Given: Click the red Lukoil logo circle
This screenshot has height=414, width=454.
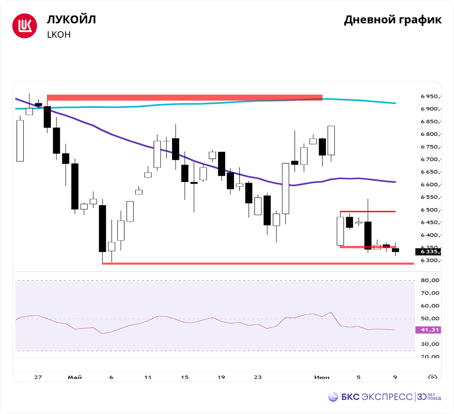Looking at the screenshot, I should point(24,26).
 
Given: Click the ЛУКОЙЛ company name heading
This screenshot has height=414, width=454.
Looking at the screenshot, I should point(71,20).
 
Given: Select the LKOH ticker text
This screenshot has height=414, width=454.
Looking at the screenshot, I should point(59,35).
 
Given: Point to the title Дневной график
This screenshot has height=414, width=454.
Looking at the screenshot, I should point(392,20).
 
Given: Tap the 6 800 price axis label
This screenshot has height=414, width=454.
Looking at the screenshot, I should point(430,134).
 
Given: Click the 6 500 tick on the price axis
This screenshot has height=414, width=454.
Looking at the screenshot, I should point(430,210).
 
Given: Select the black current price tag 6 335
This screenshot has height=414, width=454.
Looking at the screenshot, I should point(428,251).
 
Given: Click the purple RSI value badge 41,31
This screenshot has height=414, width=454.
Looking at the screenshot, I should point(428,330).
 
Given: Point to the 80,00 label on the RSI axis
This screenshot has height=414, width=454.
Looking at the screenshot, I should point(429,281).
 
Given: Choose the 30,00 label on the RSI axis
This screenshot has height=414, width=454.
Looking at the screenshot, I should point(429,344).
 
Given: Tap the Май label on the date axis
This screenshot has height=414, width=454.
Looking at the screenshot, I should point(74,377).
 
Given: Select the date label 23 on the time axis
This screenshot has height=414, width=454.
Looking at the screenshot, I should point(257,377).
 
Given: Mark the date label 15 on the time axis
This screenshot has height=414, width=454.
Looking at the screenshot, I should point(184,377).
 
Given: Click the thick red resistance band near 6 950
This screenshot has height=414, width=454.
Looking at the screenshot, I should point(184,97).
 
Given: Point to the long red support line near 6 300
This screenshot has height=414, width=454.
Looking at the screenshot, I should point(258,263).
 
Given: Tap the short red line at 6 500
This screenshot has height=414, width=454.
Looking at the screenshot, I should point(368,212).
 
